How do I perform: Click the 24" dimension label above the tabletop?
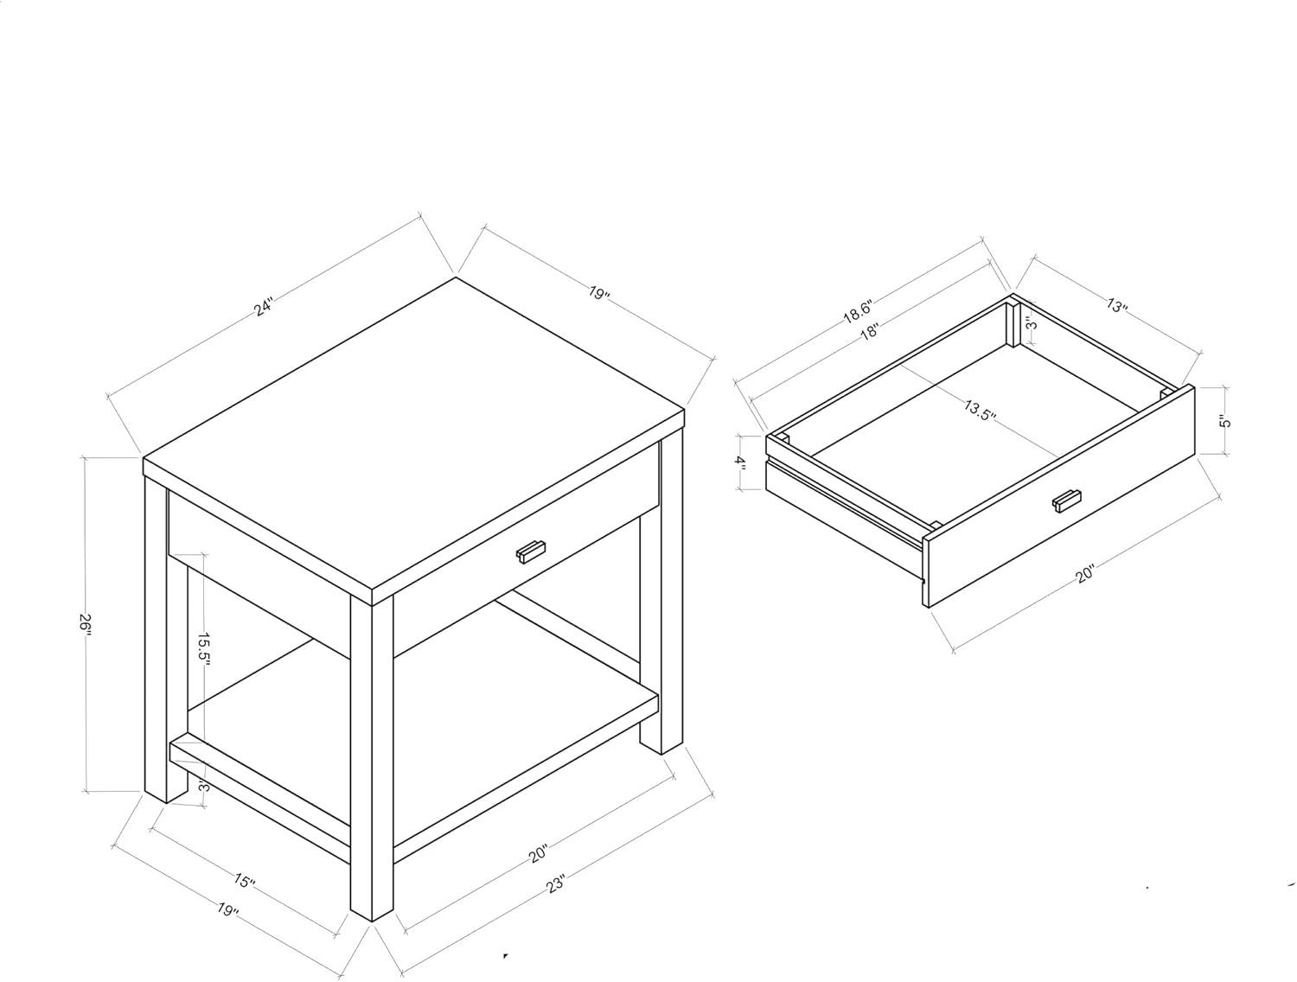coord(264,308)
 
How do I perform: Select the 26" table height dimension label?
coord(86,625)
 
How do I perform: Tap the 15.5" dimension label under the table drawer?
coord(203,650)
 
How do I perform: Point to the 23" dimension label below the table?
coord(555,884)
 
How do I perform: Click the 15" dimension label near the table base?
coord(243,881)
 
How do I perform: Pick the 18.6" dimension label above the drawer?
coord(858,312)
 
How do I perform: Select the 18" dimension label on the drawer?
coord(869,331)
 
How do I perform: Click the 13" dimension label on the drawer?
coord(1116,307)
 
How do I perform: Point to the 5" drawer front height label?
coord(1224,422)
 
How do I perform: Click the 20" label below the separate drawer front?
coord(1085,574)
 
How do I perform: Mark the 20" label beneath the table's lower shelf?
coord(539,853)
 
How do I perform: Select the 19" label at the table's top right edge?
coord(598,292)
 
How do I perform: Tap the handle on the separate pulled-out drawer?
coord(1066,501)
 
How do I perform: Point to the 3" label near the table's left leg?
coord(203,786)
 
